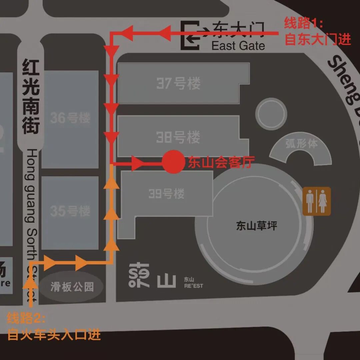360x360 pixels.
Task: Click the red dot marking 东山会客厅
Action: click(x=173, y=162)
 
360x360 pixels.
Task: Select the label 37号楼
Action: click(x=178, y=83)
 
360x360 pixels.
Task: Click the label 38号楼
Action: click(x=178, y=137)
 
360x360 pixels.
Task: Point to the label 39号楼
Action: click(x=166, y=193)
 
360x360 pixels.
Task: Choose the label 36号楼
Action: click(x=70, y=118)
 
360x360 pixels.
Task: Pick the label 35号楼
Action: click(x=70, y=211)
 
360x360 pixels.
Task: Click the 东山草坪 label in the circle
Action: click(x=256, y=226)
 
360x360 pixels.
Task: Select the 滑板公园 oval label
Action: click(x=72, y=286)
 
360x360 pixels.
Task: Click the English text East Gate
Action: click(x=238, y=46)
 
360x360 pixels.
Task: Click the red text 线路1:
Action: click(x=303, y=24)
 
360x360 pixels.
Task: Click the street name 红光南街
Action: click(x=31, y=97)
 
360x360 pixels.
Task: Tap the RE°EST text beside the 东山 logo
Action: click(x=193, y=286)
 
